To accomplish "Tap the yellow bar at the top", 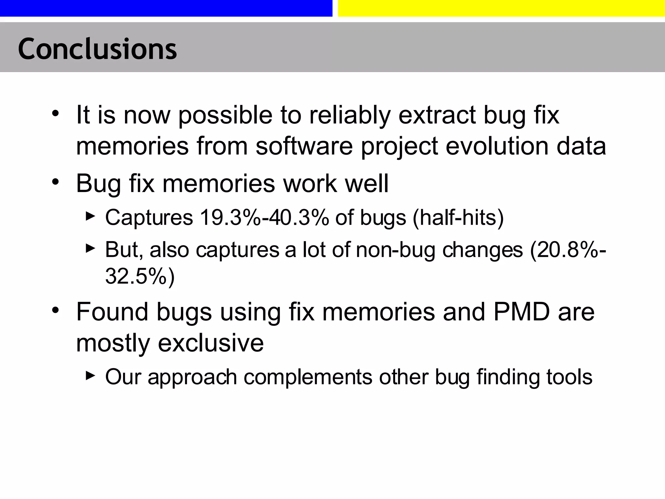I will click(501, 8).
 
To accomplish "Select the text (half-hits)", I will click(458, 217).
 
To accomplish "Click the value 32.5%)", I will click(140, 276).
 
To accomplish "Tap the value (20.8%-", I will click(568, 250).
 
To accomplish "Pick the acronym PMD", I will click(521, 312).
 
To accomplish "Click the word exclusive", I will click(211, 343).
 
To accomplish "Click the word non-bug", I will click(395, 250).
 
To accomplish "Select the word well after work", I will click(367, 184).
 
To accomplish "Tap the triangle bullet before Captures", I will click(90, 216).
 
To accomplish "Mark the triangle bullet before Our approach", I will click(90, 376).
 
